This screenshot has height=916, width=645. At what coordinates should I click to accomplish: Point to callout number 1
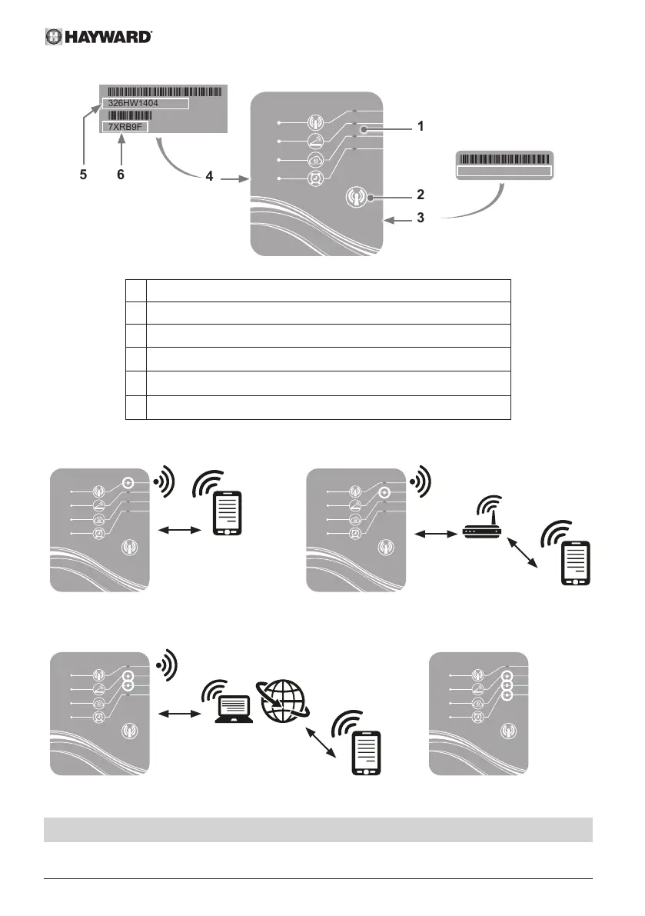point(420,124)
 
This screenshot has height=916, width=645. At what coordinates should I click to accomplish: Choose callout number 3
point(420,218)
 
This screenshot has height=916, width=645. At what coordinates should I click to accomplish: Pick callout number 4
point(209,176)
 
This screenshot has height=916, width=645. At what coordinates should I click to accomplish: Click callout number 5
point(83,175)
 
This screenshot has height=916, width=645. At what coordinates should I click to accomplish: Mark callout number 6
point(120,175)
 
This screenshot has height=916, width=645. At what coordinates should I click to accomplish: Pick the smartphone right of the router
point(575,564)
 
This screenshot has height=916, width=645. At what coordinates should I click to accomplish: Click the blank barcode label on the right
point(504,165)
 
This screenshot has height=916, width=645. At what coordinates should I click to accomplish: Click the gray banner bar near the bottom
point(318,830)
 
